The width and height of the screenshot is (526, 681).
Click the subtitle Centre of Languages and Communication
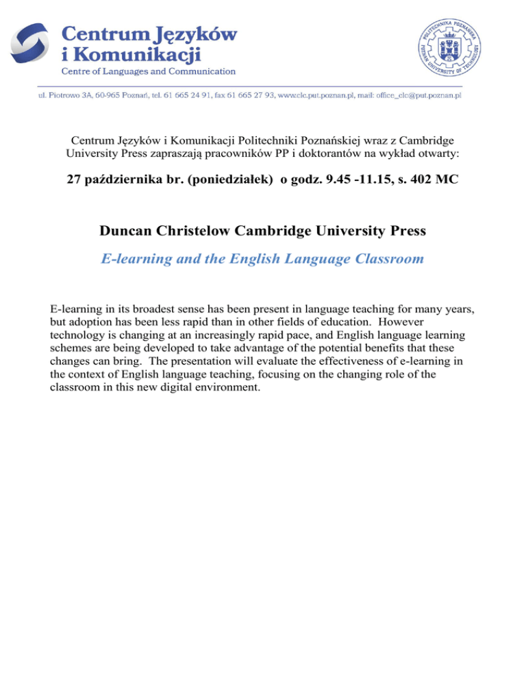coord(149,71)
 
